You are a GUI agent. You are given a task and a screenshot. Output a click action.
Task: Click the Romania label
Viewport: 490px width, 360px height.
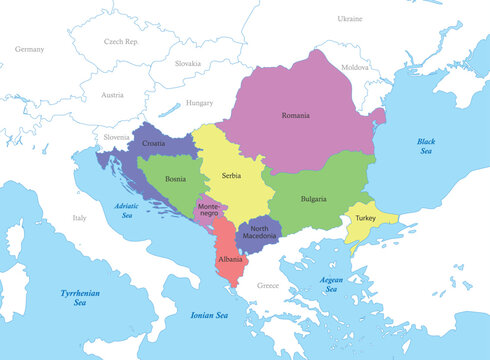pos(295,115)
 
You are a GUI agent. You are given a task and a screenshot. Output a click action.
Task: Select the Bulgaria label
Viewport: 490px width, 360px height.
pos(313,199)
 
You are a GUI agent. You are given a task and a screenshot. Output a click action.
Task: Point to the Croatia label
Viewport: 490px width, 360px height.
pos(154,144)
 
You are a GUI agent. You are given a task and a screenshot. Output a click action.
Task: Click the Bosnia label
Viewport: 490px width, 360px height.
pos(174,180)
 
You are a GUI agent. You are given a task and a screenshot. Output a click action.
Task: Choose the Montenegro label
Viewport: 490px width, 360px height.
pos(208,209)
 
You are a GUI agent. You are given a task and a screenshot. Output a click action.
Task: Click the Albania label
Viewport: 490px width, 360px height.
pos(230,260)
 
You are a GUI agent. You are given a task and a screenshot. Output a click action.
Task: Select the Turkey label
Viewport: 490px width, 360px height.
pos(365,218)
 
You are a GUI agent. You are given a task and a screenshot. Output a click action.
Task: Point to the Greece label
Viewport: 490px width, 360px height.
pos(268,285)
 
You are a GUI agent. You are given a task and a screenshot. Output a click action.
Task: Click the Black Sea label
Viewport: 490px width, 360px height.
pos(427,146)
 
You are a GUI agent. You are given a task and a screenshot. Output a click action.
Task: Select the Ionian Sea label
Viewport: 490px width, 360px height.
pos(209,315)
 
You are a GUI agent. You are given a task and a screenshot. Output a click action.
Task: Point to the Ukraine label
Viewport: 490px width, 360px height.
pos(349,19)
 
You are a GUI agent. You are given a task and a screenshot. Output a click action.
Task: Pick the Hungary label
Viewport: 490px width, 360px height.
pos(200,103)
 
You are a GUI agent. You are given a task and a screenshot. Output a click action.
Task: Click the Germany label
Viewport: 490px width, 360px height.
pos(30,48)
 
